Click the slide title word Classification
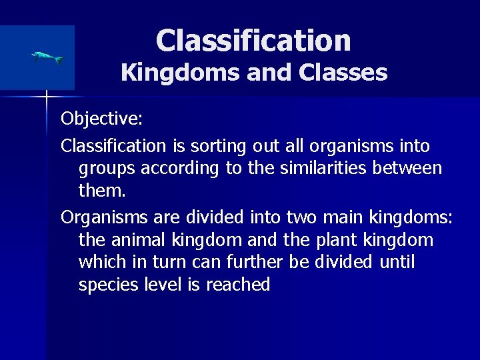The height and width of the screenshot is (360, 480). point(253,40)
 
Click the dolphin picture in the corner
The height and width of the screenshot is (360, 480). point(47,58)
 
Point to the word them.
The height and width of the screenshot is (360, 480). point(101,191)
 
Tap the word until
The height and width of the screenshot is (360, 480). point(397,262)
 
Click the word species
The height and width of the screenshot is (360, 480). point(109,285)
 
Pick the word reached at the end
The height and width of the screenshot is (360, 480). point(238,285)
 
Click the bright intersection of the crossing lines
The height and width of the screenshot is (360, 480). point(47,98)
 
